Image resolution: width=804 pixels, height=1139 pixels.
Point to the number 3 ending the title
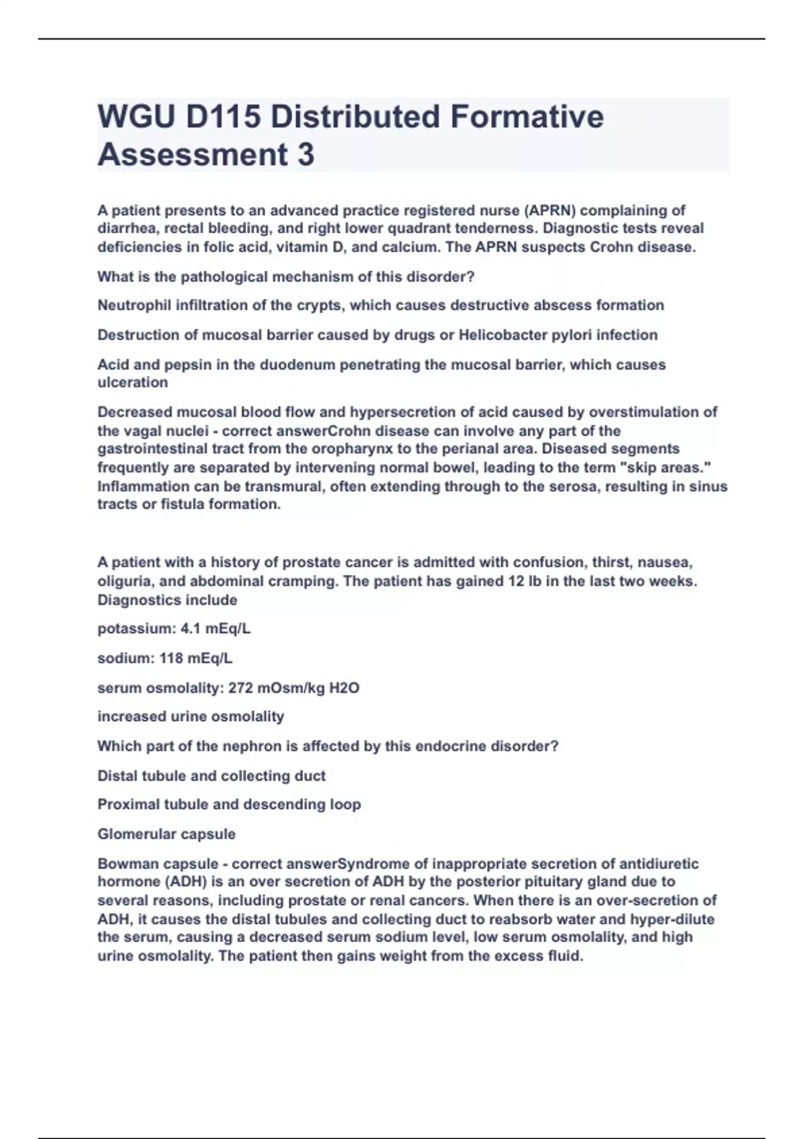click(305, 155)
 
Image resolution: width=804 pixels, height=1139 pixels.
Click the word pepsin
click(184, 365)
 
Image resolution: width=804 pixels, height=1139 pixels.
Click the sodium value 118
click(172, 659)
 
